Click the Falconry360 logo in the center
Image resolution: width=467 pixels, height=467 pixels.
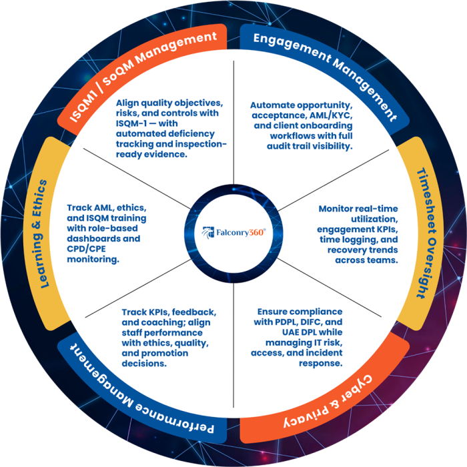click(x=234, y=233)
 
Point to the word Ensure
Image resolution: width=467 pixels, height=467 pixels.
click(x=273, y=312)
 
